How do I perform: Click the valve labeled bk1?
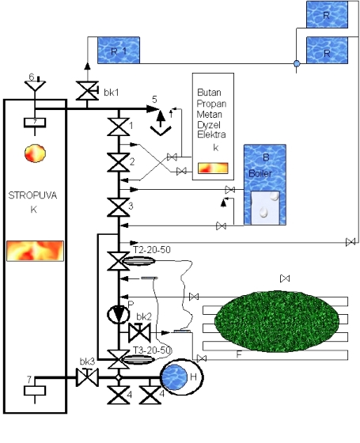pyautogui.click(x=87, y=91)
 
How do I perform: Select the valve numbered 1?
pyautogui.click(x=119, y=127)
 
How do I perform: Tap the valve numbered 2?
pyautogui.click(x=119, y=163)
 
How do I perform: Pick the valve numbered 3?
pyautogui.click(x=119, y=207)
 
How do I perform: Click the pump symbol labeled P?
pyautogui.click(x=119, y=314)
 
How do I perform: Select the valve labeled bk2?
pyautogui.click(x=139, y=332)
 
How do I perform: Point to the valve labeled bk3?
pyautogui.click(x=87, y=377)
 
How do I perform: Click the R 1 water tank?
pyautogui.click(x=119, y=50)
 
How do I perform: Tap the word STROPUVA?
pyautogui.click(x=32, y=195)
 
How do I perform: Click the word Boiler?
pyautogui.click(x=260, y=173)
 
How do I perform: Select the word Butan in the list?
pyautogui.click(x=209, y=93)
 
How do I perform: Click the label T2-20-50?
pyautogui.click(x=152, y=250)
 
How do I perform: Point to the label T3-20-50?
pyautogui.click(x=152, y=350)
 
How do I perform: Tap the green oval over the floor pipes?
pyautogui.click(x=277, y=321)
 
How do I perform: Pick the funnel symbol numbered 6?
pyautogui.click(x=35, y=85)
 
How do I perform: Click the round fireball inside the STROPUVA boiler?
pyautogui.click(x=35, y=153)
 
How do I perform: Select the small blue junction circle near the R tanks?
pyautogui.click(x=297, y=63)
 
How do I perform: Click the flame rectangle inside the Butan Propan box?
pyautogui.click(x=213, y=168)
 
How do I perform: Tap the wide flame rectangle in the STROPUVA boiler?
pyautogui.click(x=35, y=251)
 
